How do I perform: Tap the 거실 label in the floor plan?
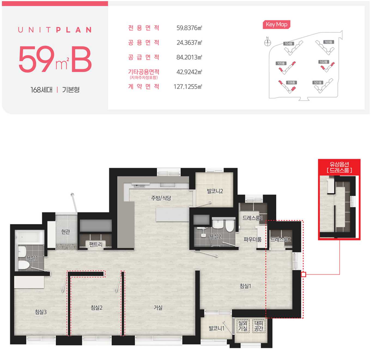(x=158, y=308)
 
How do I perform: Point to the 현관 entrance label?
(x=65, y=232)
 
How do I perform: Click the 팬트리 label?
(x=96, y=244)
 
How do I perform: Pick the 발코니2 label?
(x=215, y=191)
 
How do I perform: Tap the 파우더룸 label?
(x=253, y=239)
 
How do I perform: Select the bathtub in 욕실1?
(x=30, y=237)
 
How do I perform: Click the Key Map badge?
(x=276, y=25)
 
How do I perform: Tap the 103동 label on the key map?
(x=329, y=42)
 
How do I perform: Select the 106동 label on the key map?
(x=291, y=83)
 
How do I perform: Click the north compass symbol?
(x=268, y=43)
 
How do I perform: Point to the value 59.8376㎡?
(x=189, y=28)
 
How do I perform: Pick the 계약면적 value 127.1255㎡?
(x=188, y=87)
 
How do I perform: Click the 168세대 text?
(x=41, y=90)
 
